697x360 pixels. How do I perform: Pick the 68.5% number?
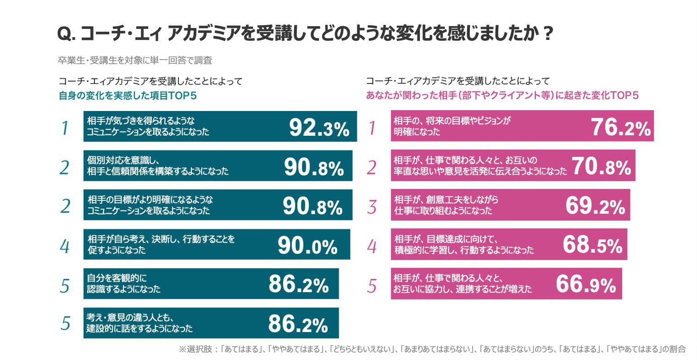(592, 245)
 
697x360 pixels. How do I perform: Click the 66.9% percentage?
(585, 285)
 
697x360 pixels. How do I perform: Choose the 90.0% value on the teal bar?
(307, 246)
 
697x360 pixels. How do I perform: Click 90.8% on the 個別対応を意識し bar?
(314, 167)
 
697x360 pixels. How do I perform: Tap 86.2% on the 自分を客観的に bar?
(298, 285)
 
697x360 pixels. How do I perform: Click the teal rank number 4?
(65, 247)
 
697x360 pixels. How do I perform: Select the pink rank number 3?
(372, 207)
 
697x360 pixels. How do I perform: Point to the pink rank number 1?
(372, 128)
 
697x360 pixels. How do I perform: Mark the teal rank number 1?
(65, 128)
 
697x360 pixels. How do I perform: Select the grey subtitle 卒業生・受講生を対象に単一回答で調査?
(134, 60)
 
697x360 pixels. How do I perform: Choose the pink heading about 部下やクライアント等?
(502, 95)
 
